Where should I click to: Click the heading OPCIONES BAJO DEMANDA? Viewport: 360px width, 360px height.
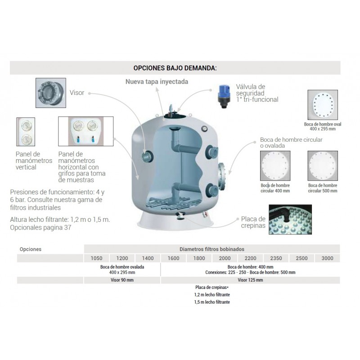(175, 68)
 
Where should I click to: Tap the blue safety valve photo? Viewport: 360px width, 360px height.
(224, 96)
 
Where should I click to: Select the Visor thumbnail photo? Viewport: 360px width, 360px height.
(51, 93)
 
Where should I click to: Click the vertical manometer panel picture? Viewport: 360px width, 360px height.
(26, 132)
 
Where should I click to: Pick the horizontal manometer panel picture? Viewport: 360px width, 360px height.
(85, 131)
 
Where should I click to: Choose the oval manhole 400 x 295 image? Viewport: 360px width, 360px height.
(323, 105)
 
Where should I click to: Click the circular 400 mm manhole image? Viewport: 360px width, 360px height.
(275, 166)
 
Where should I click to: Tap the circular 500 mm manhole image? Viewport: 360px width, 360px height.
(323, 166)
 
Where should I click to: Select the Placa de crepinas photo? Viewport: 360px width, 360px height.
(290, 220)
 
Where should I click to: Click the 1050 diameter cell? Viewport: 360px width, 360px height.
(96, 258)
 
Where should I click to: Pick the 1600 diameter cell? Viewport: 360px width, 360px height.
(174, 258)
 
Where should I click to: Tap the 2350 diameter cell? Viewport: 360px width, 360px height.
(276, 258)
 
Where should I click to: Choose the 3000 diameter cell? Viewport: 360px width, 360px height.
(328, 258)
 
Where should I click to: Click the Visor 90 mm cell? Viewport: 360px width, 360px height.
(122, 280)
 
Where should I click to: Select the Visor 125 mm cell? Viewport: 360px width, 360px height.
(251, 280)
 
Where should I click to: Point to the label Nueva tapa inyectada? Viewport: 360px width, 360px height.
(157, 81)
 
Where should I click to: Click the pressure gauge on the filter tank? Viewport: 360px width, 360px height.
(204, 129)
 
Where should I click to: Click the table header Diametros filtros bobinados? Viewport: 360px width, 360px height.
(211, 249)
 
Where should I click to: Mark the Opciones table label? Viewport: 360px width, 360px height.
(31, 249)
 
